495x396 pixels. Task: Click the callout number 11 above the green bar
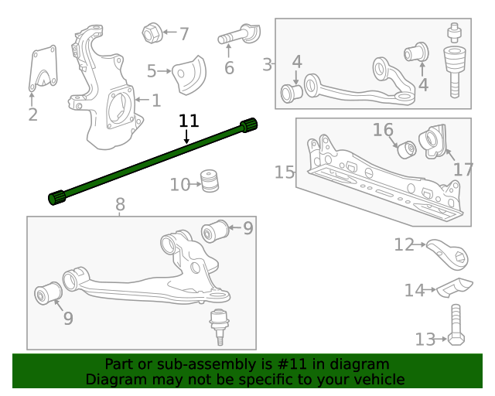point(189,121)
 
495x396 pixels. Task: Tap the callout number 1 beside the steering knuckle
point(155,100)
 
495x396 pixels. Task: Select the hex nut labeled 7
point(151,33)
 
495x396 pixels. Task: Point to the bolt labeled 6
point(238,36)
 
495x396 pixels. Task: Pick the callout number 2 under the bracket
point(32,116)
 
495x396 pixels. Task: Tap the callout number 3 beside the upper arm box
point(268,64)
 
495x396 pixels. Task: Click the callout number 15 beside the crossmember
point(285,171)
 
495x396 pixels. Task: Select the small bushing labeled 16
point(407,147)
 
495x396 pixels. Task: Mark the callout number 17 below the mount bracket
point(463,169)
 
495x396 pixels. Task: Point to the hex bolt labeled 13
point(454,329)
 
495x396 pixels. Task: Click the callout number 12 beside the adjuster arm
point(404,245)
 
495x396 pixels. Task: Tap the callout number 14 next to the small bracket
point(415,290)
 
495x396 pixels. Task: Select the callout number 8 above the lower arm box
point(120,205)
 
